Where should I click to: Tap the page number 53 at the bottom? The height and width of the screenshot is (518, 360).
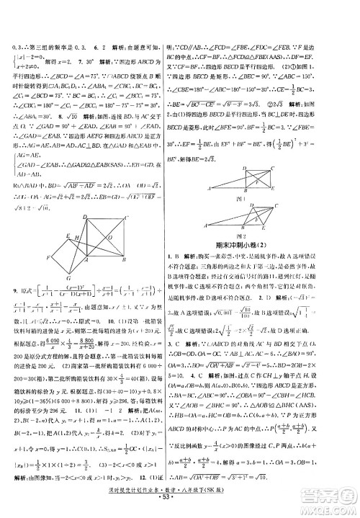(180, 510)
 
